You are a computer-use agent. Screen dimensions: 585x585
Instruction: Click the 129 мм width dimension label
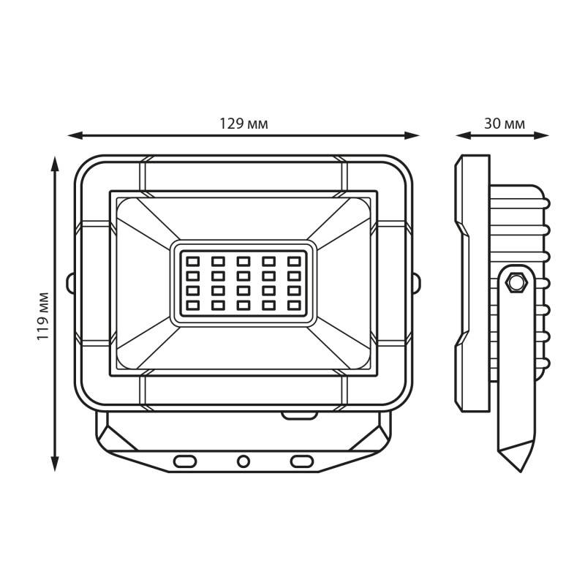coord(244,124)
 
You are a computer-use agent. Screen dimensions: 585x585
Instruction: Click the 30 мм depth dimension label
coord(505,124)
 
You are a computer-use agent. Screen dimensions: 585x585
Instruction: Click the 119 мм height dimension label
coord(43,316)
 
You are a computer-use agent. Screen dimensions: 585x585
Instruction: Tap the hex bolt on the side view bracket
coord(516,282)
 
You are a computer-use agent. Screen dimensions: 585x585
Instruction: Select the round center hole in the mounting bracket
coord(244,461)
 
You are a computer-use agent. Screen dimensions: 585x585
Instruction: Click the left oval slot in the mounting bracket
coord(185,461)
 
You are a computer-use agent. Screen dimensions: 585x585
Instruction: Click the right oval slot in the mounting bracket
coord(302,461)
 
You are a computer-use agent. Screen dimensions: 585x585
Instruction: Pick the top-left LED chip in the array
coord(193,261)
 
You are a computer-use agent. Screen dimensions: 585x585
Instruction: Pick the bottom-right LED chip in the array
coord(294,306)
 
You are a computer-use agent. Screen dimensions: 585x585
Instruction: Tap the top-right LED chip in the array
coord(294,261)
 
